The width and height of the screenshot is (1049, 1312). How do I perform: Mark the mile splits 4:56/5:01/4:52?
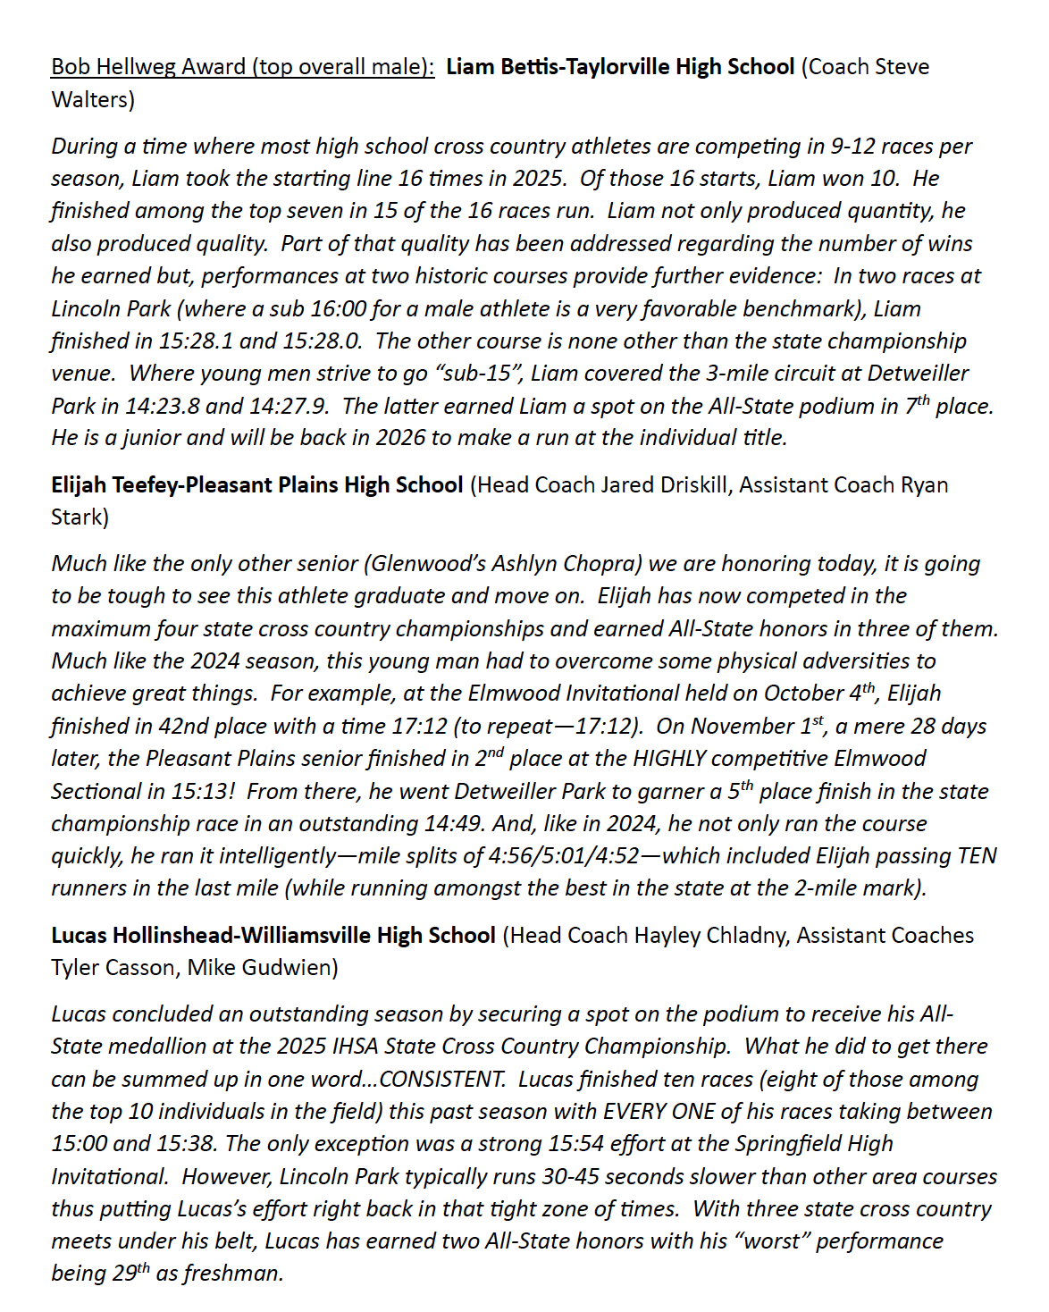click(564, 856)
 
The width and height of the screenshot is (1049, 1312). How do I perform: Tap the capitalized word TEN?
click(977, 856)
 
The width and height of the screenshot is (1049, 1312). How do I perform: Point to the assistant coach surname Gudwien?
click(290, 968)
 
